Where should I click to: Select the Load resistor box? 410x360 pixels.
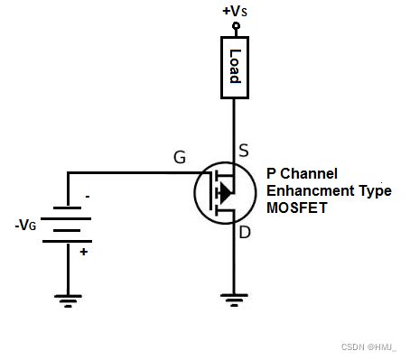coord(235,65)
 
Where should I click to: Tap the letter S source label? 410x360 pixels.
coord(243,151)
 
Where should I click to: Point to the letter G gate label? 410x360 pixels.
coord(180,158)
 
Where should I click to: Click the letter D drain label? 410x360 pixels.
coord(243,235)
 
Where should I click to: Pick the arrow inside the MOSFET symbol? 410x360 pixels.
coord(225,191)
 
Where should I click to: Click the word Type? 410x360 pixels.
coord(370,190)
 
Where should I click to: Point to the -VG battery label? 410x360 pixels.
coord(26,225)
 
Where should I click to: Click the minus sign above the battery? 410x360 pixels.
coord(87,196)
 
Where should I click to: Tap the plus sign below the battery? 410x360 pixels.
coord(85,252)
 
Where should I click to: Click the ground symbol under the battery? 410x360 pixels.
coord(68,299)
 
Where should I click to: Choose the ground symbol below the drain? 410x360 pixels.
coord(235,299)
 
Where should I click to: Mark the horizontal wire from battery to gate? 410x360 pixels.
coord(126,172)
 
